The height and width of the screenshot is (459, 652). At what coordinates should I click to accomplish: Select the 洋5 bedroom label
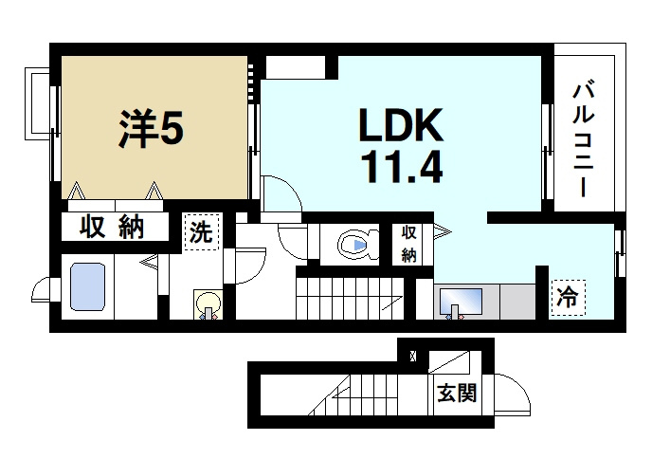click(x=152, y=130)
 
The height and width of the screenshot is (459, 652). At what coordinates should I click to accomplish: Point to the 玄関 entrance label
click(x=456, y=392)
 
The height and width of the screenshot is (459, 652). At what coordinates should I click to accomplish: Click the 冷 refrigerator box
click(x=567, y=298)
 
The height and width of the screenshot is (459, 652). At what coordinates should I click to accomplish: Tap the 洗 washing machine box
click(x=200, y=231)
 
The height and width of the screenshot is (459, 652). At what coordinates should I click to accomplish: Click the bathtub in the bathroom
click(x=93, y=287)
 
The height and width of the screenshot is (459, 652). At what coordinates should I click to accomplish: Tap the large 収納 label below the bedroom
click(x=106, y=229)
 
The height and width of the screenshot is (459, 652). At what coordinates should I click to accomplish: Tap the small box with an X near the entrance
click(x=411, y=357)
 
